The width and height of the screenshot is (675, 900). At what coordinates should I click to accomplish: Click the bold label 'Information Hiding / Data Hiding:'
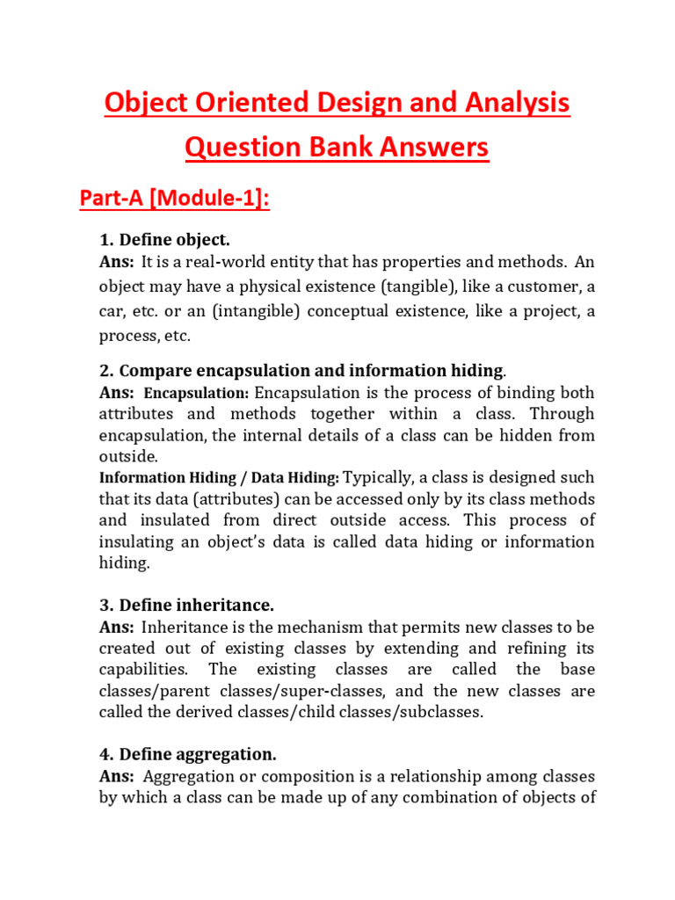(x=219, y=478)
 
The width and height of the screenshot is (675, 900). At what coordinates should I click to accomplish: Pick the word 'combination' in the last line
(x=415, y=798)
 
